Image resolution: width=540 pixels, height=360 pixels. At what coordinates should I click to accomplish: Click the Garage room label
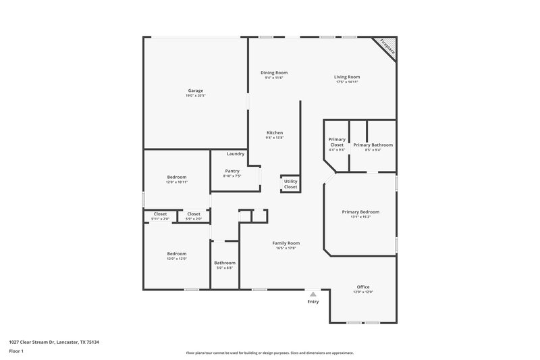pos(195,91)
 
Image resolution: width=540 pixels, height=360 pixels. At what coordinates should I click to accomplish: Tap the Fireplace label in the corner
pos(386,47)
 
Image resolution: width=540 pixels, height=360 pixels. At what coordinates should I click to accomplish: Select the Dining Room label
pos(274,72)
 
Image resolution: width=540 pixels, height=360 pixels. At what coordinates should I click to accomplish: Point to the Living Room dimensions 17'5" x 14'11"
pos(346,82)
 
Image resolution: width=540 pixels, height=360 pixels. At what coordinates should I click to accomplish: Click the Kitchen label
pos(274,132)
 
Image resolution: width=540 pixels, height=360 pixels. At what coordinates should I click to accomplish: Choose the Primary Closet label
pos(336,142)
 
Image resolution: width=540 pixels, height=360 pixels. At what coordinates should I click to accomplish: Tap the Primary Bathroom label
pos(373,145)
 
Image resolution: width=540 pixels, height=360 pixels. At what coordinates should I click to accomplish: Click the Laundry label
pos(235,153)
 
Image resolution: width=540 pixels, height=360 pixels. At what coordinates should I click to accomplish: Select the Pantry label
pos(232,171)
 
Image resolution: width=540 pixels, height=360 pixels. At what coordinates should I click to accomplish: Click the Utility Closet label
pos(290,184)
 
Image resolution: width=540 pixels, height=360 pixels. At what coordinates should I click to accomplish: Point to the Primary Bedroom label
pos(360,211)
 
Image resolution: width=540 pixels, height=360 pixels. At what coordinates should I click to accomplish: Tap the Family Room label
pos(286,242)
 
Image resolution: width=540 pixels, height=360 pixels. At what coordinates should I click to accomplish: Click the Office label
pos(363,286)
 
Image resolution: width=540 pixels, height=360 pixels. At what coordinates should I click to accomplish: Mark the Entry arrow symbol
pos(313,294)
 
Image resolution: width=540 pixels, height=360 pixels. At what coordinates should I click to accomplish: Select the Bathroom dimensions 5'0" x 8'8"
pos(225,268)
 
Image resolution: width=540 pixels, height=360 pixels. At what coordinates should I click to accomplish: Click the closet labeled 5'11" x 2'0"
pos(160,219)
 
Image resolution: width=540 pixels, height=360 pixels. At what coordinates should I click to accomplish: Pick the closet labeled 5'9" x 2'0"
pos(194,219)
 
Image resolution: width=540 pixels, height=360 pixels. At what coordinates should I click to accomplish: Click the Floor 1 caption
pos(16,352)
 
